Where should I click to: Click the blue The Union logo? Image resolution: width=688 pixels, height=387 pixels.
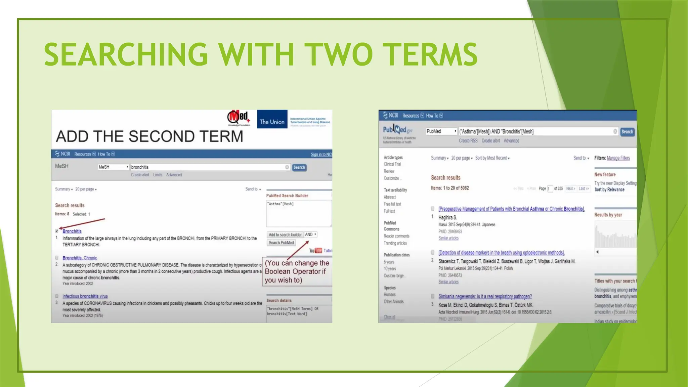272,119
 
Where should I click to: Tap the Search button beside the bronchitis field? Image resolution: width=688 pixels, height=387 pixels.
299,167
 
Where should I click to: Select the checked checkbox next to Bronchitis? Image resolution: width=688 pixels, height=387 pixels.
57,231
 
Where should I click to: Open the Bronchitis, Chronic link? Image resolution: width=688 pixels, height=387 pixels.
80,258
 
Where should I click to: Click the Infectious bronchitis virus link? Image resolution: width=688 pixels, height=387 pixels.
85,296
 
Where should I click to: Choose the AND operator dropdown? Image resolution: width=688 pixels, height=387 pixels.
310,234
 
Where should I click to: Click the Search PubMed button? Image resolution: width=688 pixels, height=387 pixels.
281,243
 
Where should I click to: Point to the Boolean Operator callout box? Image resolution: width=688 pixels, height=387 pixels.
297,271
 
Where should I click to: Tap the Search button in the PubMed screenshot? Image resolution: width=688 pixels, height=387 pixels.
627,132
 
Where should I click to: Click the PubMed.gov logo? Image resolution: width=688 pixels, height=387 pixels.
398,130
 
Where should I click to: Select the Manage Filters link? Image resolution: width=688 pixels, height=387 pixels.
618,158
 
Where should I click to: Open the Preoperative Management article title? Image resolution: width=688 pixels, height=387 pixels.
511,209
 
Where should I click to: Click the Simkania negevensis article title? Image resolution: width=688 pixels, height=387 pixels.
485,296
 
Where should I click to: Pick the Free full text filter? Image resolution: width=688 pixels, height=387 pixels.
392,204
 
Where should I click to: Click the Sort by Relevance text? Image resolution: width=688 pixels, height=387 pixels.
609,190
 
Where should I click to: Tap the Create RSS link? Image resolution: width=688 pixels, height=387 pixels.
468,141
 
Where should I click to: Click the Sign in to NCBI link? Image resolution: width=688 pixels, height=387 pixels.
321,155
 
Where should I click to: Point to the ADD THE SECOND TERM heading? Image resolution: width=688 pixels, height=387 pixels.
149,136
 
